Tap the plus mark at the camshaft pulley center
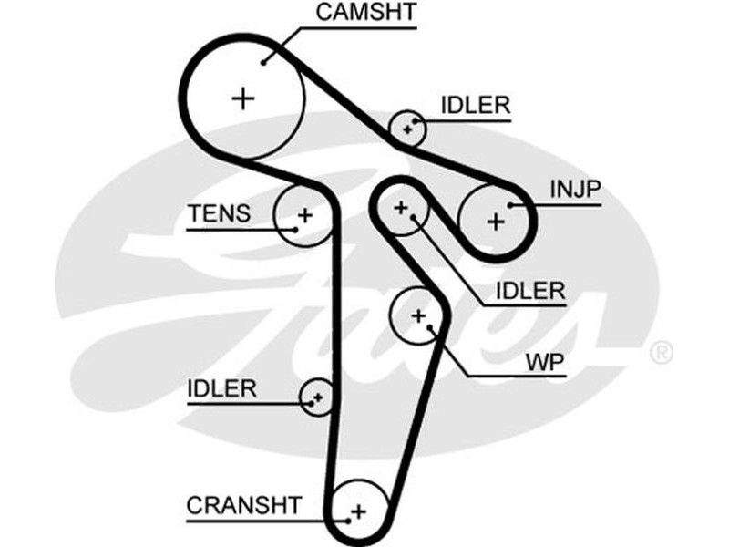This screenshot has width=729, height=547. (243, 98)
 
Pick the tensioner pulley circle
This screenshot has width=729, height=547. (304, 215)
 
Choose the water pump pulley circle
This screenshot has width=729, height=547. (418, 315)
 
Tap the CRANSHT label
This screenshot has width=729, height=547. (243, 504)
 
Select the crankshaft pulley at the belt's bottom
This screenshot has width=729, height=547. (357, 511)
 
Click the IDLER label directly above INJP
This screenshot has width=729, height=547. (475, 105)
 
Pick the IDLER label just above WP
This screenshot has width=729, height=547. (530, 292)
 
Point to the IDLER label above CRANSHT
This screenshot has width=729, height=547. (221, 388)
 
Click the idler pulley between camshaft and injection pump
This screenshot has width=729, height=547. (409, 128)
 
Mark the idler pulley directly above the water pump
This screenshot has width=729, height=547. (401, 208)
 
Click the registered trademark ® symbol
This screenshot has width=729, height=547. (662, 352)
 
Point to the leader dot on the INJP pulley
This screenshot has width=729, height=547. (512, 206)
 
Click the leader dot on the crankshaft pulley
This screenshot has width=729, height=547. (347, 522)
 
